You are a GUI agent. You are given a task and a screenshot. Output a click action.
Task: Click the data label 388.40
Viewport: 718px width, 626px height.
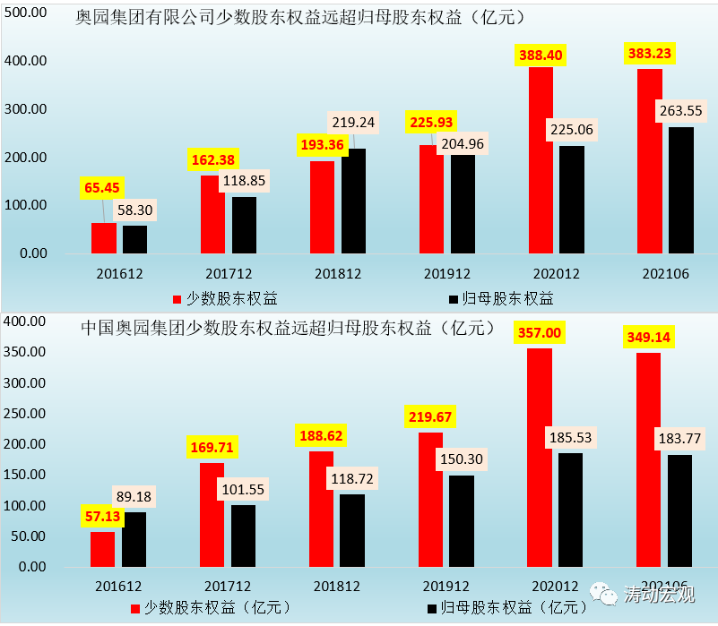(x=541, y=55)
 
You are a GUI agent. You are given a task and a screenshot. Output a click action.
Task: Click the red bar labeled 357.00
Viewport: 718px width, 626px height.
(x=540, y=457)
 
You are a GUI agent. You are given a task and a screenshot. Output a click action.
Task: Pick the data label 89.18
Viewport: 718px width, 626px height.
(x=135, y=495)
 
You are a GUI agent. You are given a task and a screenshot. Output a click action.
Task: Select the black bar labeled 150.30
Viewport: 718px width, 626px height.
(x=463, y=520)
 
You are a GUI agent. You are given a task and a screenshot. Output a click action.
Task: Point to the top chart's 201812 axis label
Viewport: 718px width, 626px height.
(x=338, y=274)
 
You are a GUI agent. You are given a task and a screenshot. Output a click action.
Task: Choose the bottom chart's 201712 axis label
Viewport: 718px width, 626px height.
(x=228, y=585)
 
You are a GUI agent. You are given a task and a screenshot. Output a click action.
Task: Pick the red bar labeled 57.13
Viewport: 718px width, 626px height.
(x=103, y=549)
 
